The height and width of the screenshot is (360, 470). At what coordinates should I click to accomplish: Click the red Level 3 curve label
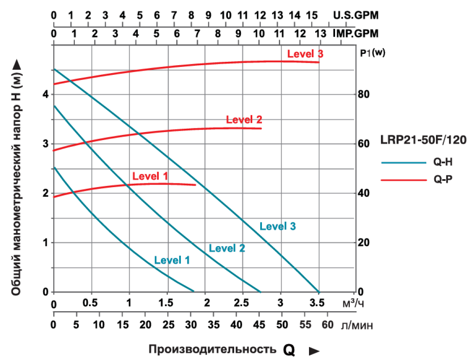click(305, 54)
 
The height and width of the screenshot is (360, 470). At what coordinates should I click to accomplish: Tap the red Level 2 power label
click(244, 119)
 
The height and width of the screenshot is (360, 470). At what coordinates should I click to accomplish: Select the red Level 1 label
click(150, 176)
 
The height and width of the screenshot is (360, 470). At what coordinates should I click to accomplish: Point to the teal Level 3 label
click(278, 226)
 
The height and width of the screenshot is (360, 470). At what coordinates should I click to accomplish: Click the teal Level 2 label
click(227, 248)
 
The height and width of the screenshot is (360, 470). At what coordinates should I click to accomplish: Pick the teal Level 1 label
click(172, 260)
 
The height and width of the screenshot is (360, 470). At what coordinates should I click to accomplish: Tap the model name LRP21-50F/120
click(423, 140)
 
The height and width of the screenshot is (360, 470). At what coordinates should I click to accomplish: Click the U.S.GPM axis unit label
click(356, 16)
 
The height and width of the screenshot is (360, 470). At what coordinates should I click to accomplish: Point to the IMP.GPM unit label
click(356, 33)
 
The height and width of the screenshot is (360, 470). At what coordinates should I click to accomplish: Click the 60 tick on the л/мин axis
click(327, 325)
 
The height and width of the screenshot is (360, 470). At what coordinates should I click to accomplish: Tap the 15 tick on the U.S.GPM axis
click(312, 16)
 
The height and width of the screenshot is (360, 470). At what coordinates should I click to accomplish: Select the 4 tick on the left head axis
click(45, 95)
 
